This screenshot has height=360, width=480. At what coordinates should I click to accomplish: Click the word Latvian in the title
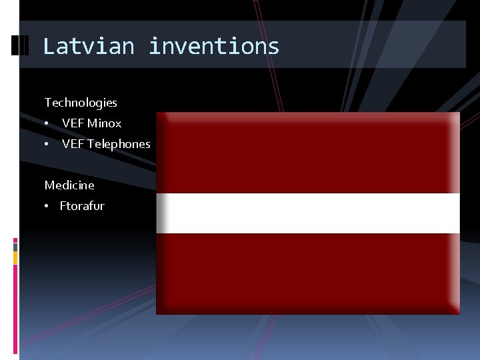pyautogui.click(x=88, y=46)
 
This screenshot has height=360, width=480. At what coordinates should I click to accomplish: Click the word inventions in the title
pyautogui.click(x=213, y=46)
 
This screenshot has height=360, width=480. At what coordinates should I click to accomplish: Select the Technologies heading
pyautogui.click(x=81, y=103)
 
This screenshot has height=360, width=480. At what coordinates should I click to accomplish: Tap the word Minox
pyautogui.click(x=104, y=123)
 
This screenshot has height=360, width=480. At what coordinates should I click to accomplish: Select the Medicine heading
pyautogui.click(x=69, y=185)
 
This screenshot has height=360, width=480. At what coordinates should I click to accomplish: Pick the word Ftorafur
pyautogui.click(x=82, y=206)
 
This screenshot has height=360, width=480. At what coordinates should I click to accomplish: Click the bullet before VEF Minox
pyautogui.click(x=47, y=123)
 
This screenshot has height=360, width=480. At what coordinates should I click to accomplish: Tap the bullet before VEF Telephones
pyautogui.click(x=47, y=144)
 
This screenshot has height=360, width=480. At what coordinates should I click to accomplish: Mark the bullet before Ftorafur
pyautogui.click(x=47, y=206)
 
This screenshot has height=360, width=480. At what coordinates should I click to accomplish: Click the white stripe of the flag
pyautogui.click(x=308, y=213)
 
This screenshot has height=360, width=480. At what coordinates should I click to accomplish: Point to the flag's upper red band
pyautogui.click(x=308, y=152)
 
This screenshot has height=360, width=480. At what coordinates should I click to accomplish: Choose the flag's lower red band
pyautogui.click(x=308, y=273)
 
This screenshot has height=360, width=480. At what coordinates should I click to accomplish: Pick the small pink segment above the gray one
pyautogui.click(x=15, y=239)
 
